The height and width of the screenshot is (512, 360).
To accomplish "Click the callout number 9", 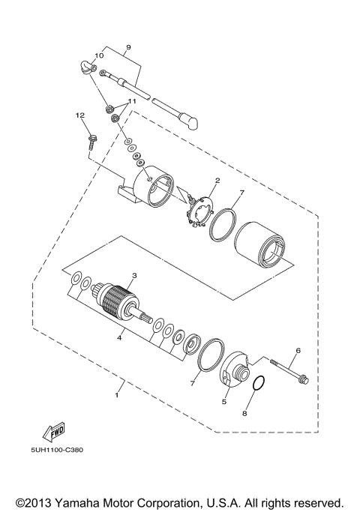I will click(x=128, y=47).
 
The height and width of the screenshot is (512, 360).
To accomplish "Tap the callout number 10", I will click(x=98, y=56).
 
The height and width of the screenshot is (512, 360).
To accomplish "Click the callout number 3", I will click(x=134, y=276).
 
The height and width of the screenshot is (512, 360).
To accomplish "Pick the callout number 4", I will click(x=118, y=337).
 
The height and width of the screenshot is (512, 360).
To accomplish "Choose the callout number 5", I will click(x=223, y=402).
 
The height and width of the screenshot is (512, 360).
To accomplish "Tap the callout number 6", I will click(x=297, y=351).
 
